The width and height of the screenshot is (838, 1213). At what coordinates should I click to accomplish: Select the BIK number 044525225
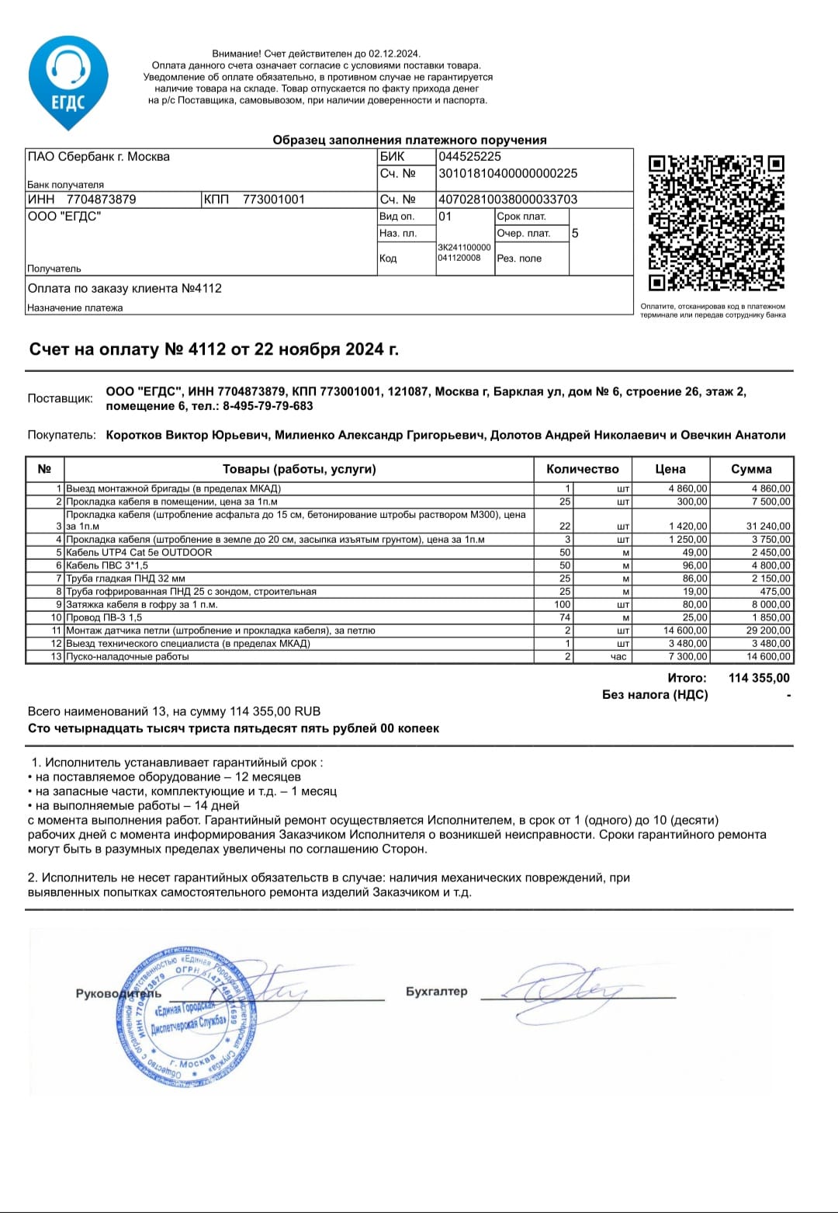click(469, 156)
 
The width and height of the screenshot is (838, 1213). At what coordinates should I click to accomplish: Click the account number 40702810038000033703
click(507, 200)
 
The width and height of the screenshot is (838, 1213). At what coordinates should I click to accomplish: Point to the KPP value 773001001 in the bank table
click(274, 200)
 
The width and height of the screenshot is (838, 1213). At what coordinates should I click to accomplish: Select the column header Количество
click(582, 469)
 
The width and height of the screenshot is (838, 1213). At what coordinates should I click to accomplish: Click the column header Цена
click(670, 469)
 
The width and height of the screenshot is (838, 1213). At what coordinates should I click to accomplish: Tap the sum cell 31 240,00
click(768, 526)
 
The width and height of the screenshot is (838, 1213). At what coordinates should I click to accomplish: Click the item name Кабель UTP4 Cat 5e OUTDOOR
click(139, 552)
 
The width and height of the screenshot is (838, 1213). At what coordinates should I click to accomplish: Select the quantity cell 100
click(562, 604)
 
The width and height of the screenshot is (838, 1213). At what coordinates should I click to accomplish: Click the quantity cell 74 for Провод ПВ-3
click(564, 617)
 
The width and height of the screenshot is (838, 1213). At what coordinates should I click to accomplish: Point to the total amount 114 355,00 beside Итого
click(758, 678)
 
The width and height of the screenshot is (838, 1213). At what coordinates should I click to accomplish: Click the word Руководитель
click(118, 993)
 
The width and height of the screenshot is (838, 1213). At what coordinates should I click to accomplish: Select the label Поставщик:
click(60, 398)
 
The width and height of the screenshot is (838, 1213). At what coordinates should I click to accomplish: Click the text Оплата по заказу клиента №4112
click(125, 288)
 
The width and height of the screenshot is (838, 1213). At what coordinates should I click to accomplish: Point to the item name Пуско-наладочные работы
click(127, 656)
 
